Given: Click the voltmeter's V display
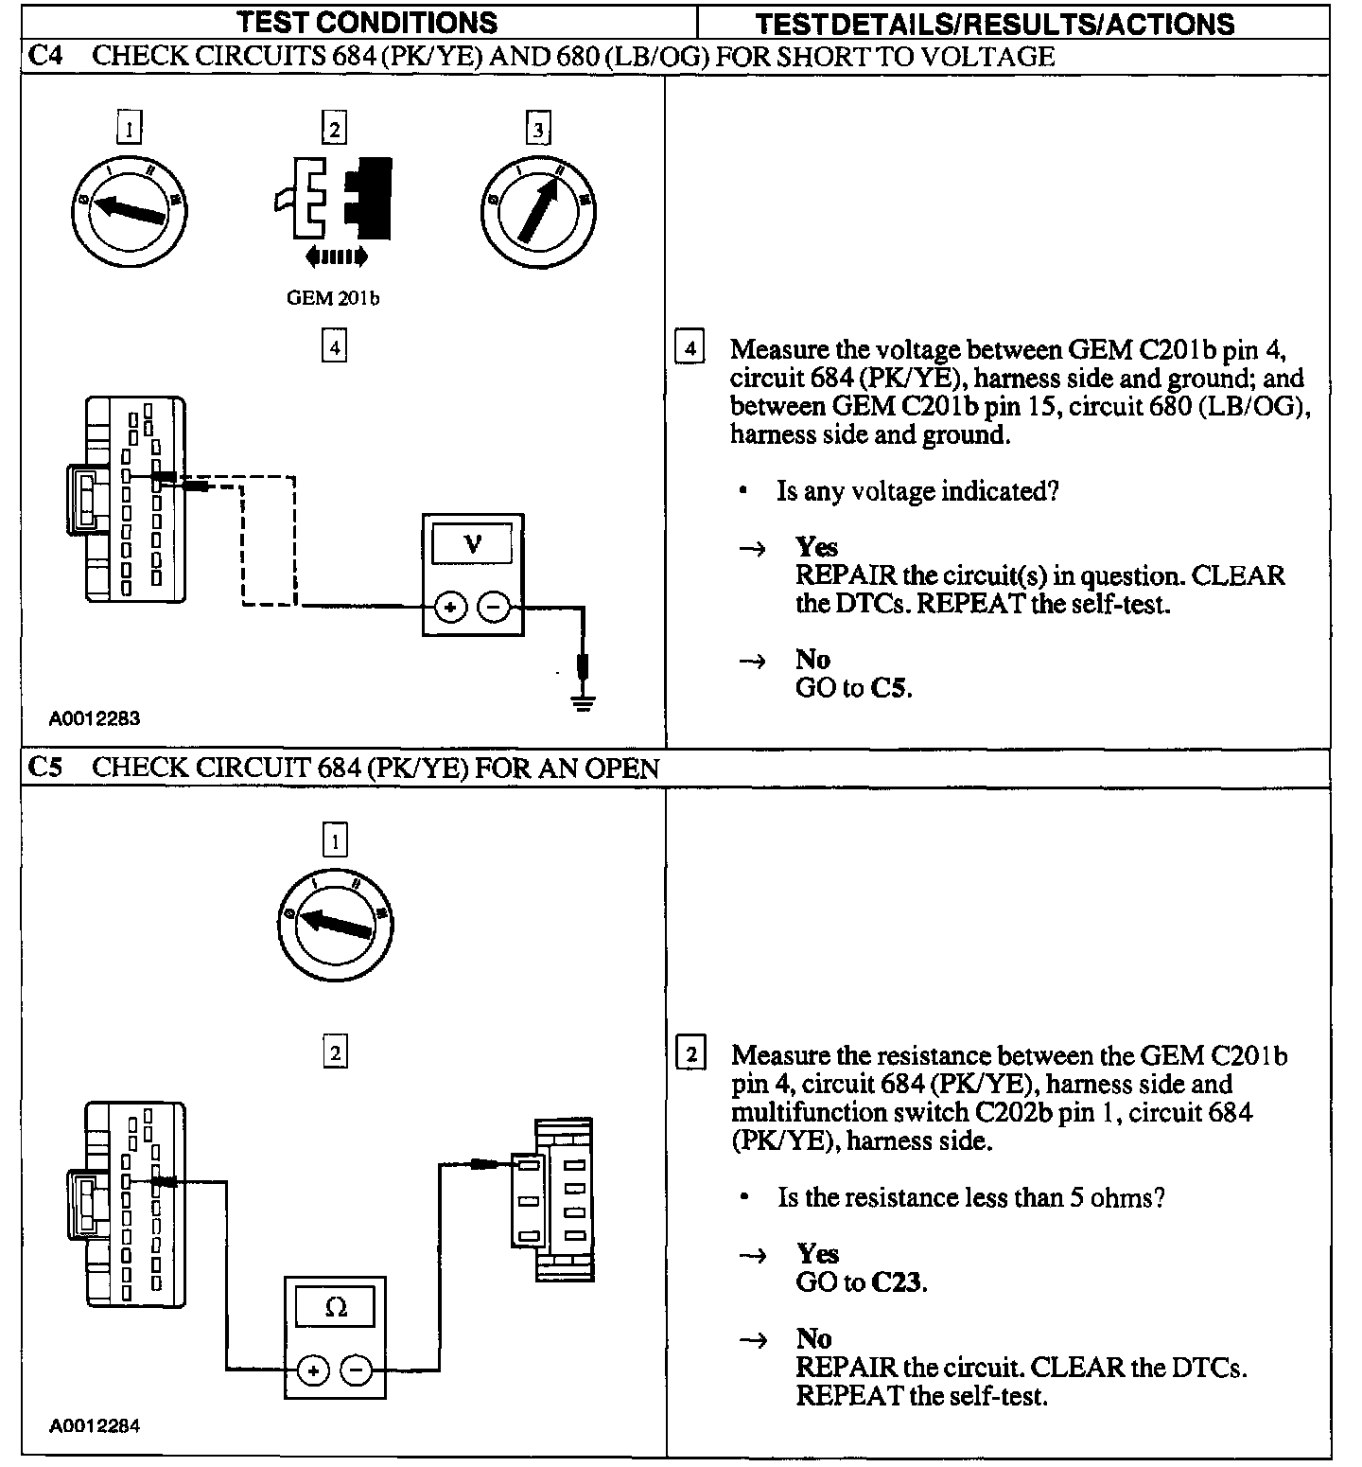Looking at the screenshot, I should click(x=472, y=545).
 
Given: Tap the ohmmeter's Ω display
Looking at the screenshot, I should click(x=335, y=1308).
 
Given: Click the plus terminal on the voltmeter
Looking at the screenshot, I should click(x=450, y=607).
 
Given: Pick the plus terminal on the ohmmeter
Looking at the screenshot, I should click(x=313, y=1370).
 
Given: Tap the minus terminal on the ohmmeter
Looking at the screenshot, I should click(x=356, y=1370).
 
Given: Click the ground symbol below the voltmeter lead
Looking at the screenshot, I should click(x=584, y=702).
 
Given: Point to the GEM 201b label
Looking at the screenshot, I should click(x=333, y=298).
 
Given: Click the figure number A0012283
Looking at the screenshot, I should click(x=95, y=718).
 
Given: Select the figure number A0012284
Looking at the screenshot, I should click(x=95, y=1425).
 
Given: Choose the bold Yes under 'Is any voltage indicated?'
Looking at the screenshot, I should click(x=816, y=547).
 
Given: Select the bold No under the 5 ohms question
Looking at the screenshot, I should click(x=813, y=1338).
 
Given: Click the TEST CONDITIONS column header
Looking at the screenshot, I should click(x=366, y=22).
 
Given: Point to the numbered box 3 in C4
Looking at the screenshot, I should click(x=538, y=129).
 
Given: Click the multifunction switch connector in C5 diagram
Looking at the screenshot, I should click(x=551, y=1199).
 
